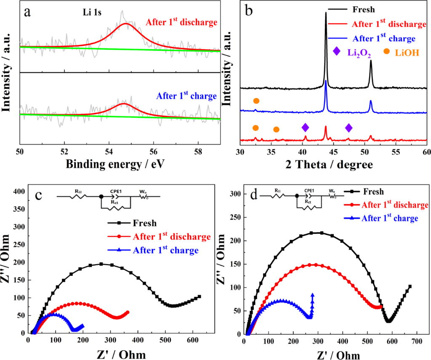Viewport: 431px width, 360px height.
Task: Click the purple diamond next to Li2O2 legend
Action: click(x=336, y=51)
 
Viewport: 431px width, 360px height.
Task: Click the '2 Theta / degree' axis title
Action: click(x=333, y=165)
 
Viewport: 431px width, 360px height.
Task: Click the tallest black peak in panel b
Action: click(x=326, y=13)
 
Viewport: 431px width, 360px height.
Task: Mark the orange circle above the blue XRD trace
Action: click(x=256, y=101)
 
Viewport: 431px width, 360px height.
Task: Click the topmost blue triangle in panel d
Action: click(x=312, y=295)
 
